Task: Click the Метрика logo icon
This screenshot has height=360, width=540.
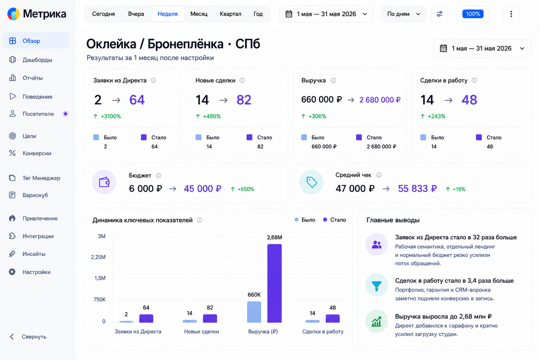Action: pyautogui.click(x=13, y=14)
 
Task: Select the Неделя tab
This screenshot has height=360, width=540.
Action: pyautogui.click(x=167, y=14)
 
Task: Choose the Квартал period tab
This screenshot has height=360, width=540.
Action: pyautogui.click(x=230, y=14)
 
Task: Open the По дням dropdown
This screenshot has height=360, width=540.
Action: pyautogui.click(x=403, y=14)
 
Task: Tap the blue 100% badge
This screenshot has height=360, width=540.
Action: pyautogui.click(x=473, y=14)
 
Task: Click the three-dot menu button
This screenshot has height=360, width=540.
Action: pyautogui.click(x=511, y=14)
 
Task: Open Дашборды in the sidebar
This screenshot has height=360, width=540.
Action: pyautogui.click(x=37, y=59)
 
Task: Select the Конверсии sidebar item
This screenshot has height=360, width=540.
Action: pyautogui.click(x=37, y=153)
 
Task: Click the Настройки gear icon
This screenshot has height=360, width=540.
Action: pyautogui.click(x=12, y=272)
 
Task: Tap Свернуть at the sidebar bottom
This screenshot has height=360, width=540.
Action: pyautogui.click(x=34, y=337)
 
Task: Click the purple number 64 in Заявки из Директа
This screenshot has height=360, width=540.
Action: pyautogui.click(x=137, y=100)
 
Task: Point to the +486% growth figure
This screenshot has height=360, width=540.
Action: pyautogui.click(x=211, y=116)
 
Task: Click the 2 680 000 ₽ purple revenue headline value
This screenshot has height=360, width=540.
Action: pyautogui.click(x=380, y=99)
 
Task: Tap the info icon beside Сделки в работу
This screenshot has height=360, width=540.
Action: pyautogui.click(x=474, y=80)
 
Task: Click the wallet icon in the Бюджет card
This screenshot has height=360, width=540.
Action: pyautogui.click(x=104, y=182)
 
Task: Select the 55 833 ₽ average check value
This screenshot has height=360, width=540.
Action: pyautogui.click(x=417, y=189)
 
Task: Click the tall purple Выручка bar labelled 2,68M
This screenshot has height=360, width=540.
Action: pyautogui.click(x=274, y=283)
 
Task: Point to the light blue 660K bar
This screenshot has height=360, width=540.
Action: pyautogui.click(x=254, y=312)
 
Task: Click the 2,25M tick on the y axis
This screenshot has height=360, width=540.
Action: pyautogui.click(x=99, y=257)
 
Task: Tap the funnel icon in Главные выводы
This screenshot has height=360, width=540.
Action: pyautogui.click(x=376, y=285)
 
